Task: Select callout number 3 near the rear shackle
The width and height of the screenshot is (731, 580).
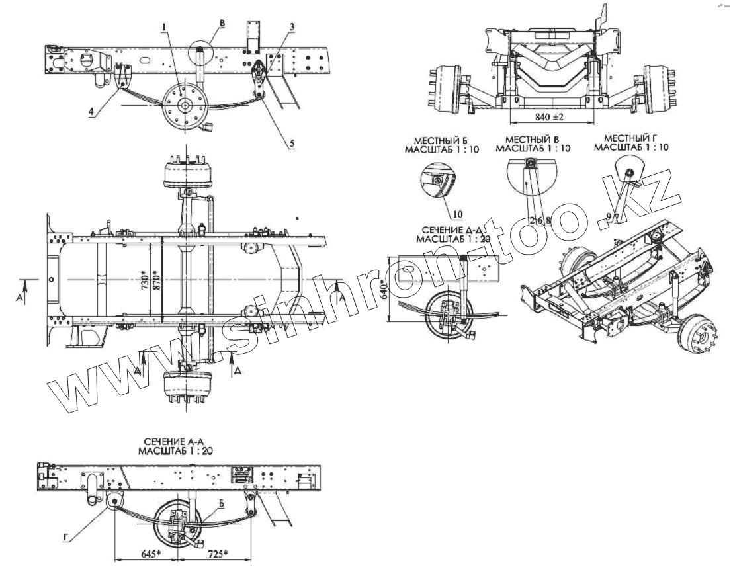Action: [291, 27]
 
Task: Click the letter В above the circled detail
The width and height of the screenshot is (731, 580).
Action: [222, 24]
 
